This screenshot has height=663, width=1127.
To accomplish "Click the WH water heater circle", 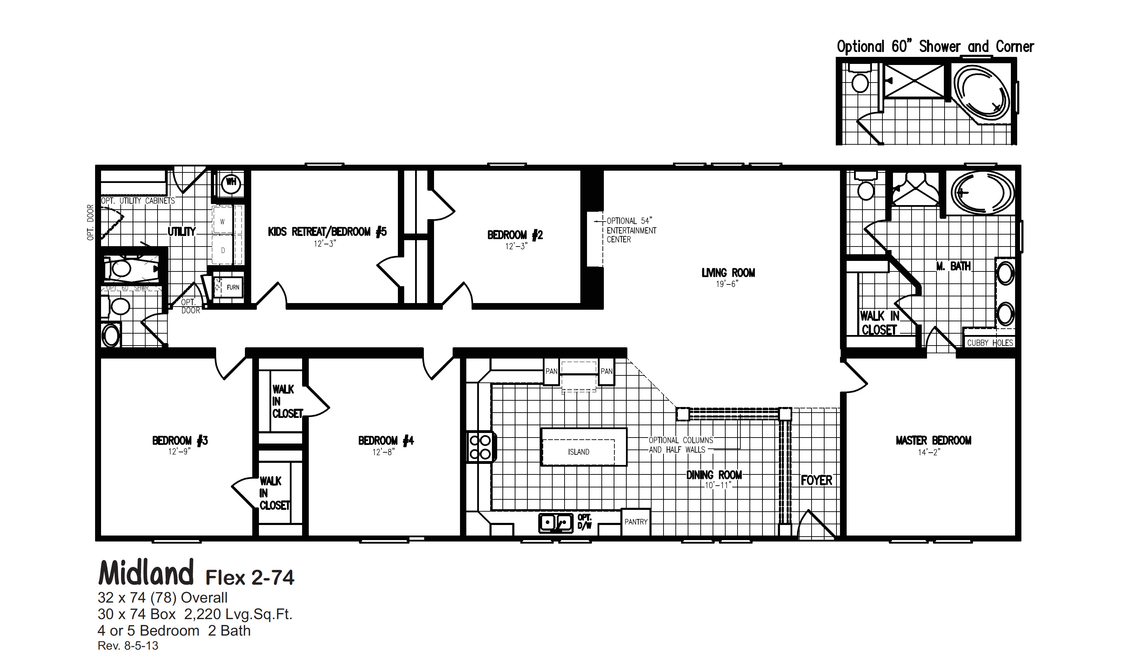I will coord(231,183).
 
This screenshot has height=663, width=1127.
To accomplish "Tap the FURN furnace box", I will coord(233,287).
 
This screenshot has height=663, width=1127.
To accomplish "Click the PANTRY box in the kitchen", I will coord(635,522).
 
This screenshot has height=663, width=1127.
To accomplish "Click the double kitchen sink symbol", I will coord(555,523).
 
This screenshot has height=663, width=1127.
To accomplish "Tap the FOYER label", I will coord(816,480).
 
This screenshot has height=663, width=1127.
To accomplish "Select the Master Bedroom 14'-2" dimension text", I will coord(929,452).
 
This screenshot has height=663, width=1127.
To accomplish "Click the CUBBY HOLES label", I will coord(990,343).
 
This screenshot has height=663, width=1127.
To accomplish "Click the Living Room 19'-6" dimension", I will coord(726,284).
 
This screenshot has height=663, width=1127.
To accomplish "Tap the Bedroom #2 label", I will coord(515,235).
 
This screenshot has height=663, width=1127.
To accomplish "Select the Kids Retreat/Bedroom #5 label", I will coord(327,232).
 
